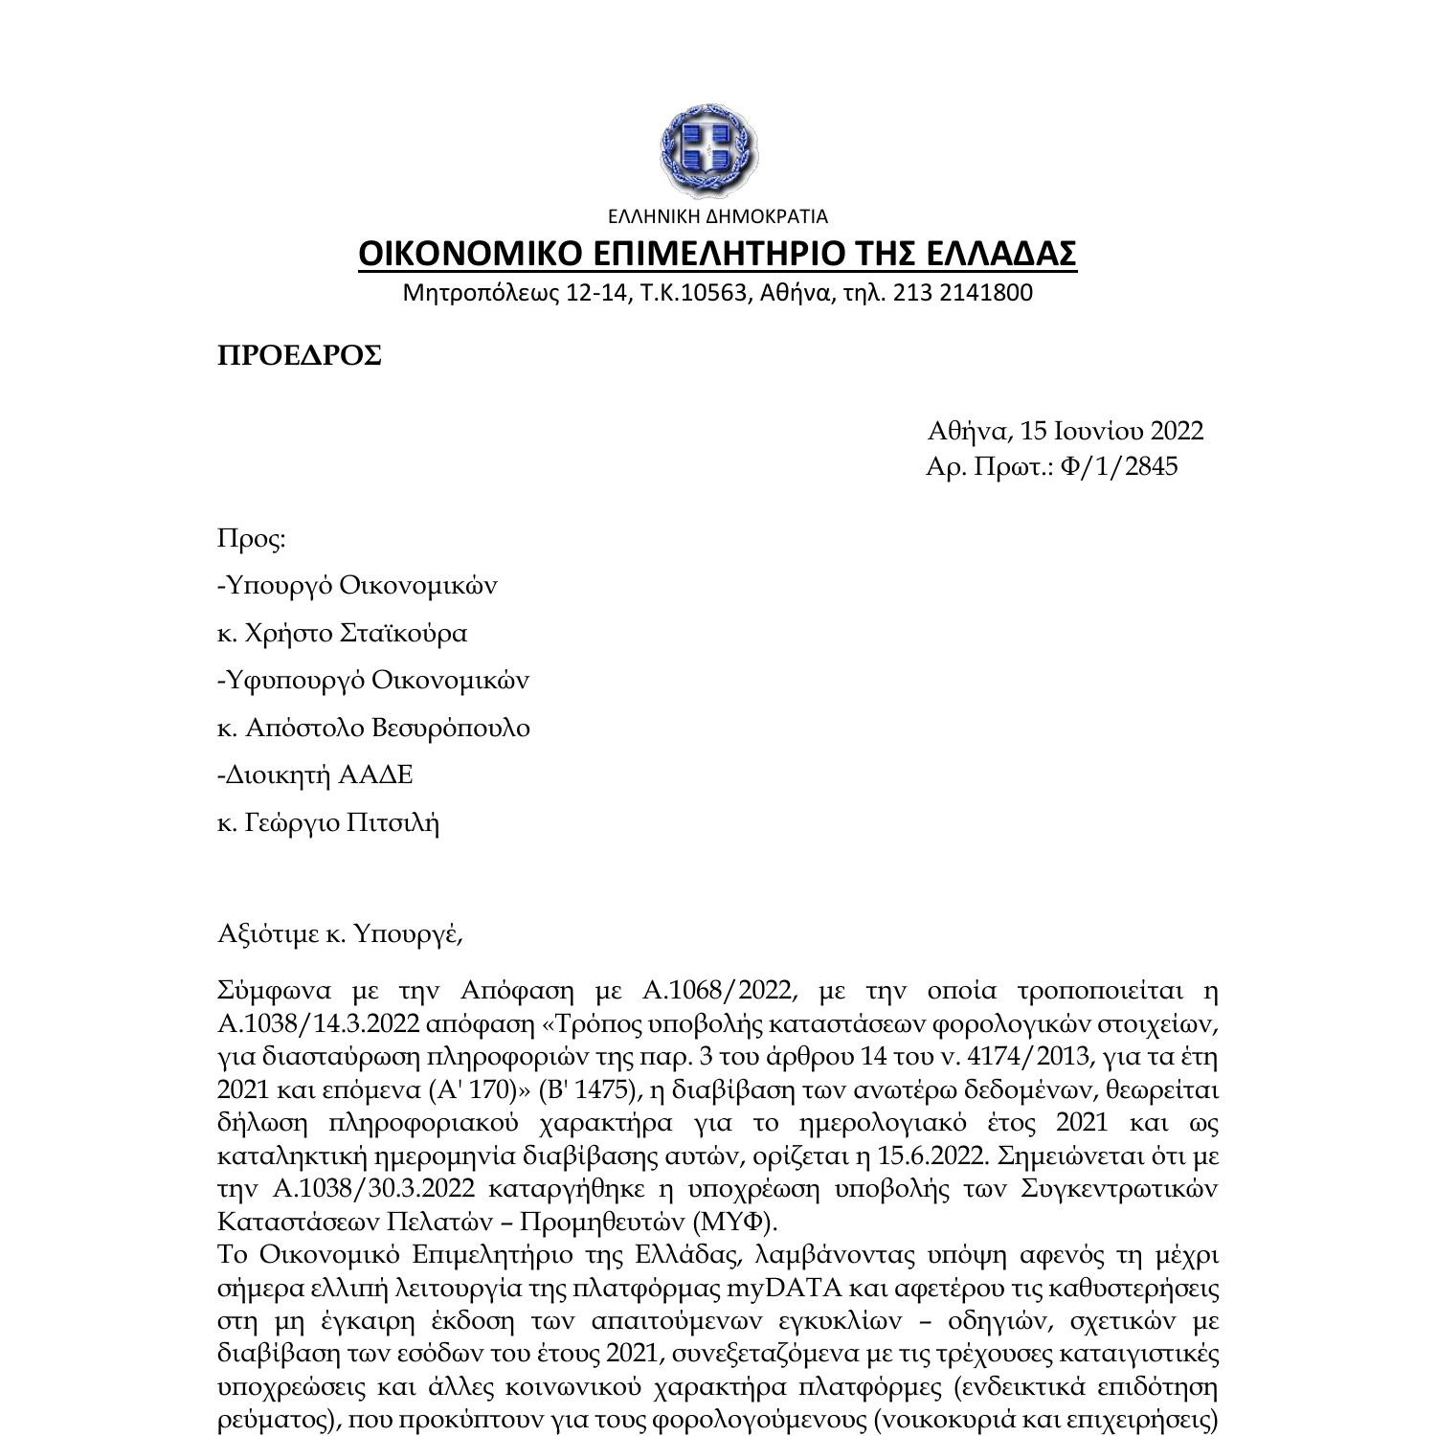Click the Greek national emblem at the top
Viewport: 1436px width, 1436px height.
tap(709, 150)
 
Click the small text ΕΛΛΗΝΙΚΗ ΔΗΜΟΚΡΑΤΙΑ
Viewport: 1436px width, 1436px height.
tap(717, 216)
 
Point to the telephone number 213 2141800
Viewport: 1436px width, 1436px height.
tap(962, 292)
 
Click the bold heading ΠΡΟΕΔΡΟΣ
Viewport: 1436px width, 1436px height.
tap(300, 355)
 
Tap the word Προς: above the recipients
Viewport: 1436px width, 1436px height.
tap(252, 539)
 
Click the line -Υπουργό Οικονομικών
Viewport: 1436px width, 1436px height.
tap(357, 585)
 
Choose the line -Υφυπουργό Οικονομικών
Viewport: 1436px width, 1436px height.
tap(373, 681)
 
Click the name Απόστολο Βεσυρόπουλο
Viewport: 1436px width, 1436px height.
tap(388, 728)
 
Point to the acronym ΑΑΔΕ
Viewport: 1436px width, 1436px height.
tap(376, 774)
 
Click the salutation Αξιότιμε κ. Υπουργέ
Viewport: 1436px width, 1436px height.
tap(340, 932)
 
